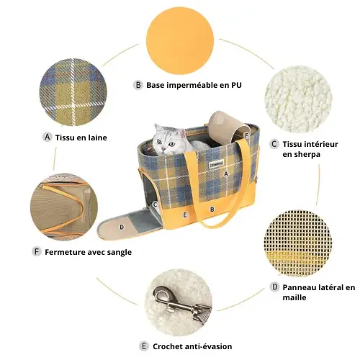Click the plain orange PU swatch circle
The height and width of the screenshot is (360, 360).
click(x=180, y=41)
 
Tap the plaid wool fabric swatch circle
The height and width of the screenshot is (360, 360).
click(x=73, y=92)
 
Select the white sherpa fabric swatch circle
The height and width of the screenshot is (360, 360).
click(x=298, y=99)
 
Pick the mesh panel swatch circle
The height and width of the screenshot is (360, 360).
click(x=298, y=243)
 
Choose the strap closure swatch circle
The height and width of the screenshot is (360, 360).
click(x=64, y=207)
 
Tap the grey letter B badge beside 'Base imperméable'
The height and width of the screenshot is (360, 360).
click(x=138, y=85)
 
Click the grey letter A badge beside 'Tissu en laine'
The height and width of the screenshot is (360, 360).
click(x=48, y=138)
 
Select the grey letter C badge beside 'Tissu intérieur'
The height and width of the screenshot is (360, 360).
click(x=274, y=144)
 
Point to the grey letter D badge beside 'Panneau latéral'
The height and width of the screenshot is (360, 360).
click(x=274, y=287)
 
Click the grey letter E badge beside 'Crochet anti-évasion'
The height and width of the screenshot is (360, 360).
click(x=144, y=346)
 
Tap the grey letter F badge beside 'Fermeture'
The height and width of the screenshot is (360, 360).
click(x=37, y=252)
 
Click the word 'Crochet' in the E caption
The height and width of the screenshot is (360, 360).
click(x=167, y=346)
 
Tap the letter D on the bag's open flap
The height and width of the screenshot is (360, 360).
click(x=122, y=227)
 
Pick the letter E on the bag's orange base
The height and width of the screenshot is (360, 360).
click(x=184, y=215)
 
